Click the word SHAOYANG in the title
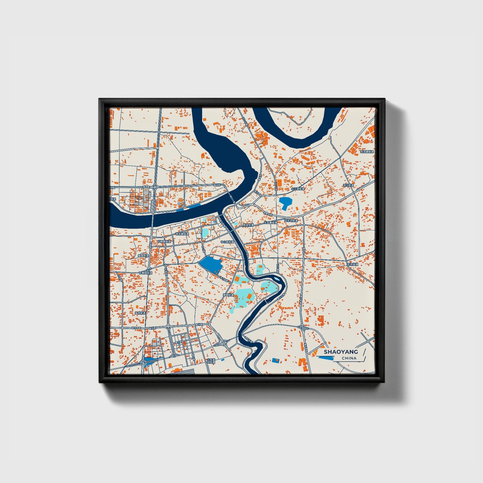tap(341, 352)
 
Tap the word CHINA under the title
tap(349, 358)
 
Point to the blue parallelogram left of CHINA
tap(326, 358)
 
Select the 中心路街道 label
tap(227, 242)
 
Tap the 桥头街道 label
tap(248, 225)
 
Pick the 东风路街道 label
tap(270, 222)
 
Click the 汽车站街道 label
tap(291, 221)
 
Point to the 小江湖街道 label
tap(297, 189)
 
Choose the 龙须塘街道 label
tap(367, 152)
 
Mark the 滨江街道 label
tap(348, 185)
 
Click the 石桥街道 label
tap(352, 264)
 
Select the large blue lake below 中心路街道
tap(211, 265)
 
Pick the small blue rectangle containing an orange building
tap(276, 360)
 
